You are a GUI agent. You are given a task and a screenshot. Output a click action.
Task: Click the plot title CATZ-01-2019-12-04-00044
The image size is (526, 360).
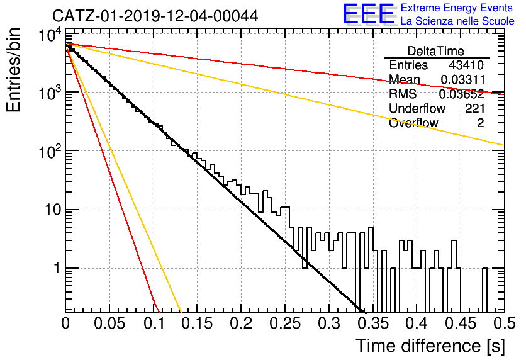pyautogui.click(x=155, y=16)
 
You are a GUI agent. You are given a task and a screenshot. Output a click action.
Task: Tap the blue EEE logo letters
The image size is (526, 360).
pyautogui.click(x=368, y=14)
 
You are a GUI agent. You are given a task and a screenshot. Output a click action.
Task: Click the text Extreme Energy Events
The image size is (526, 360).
pyautogui.click(x=457, y=8)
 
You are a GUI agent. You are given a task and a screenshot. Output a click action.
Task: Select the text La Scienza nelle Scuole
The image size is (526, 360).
pyautogui.click(x=457, y=21)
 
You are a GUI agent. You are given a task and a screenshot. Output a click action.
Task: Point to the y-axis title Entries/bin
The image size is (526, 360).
pyautogui.click(x=13, y=70)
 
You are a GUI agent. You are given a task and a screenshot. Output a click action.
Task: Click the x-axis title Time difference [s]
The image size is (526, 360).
pyautogui.click(x=430, y=346)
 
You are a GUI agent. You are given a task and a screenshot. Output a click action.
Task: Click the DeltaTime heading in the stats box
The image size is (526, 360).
pyautogui.click(x=435, y=51)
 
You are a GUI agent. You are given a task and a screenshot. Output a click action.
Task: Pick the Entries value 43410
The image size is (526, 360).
pyautogui.click(x=466, y=65)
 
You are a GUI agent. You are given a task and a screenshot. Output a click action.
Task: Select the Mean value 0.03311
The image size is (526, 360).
pyautogui.click(x=462, y=79)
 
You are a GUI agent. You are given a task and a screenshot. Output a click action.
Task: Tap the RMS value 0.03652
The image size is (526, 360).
pyautogui.click(x=462, y=94)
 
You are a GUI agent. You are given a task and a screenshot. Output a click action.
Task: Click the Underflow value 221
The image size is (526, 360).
pyautogui.click(x=474, y=108)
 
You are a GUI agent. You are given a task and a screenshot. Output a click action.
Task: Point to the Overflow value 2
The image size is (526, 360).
pyautogui.click(x=481, y=123)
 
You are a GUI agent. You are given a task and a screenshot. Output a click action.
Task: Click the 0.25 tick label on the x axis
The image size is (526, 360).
pyautogui.click(x=285, y=323)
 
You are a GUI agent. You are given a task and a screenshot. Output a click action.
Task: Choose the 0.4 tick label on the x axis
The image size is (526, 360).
pyautogui.click(x=417, y=323)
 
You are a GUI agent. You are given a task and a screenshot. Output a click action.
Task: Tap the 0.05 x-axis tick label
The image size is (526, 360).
pyautogui.click(x=109, y=323)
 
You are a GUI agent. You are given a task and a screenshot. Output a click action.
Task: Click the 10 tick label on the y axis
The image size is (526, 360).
pyautogui.click(x=53, y=210)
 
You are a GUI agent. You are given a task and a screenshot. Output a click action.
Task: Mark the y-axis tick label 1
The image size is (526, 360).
pyautogui.click(x=57, y=268)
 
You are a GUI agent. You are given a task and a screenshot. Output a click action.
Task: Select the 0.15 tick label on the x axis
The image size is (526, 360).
pyautogui.click(x=198, y=323)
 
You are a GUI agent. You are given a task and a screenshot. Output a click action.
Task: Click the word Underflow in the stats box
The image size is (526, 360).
pyautogui.click(x=417, y=108)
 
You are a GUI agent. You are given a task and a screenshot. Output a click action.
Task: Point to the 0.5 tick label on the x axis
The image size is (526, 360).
pyautogui.click(x=504, y=323)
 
